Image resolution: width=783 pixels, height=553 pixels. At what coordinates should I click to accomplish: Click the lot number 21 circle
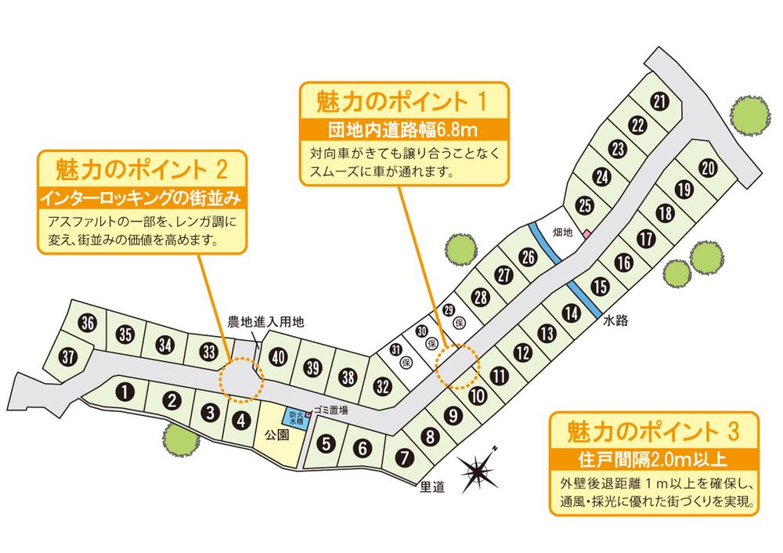point(659,101)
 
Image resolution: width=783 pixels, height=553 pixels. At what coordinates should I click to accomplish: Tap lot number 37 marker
point(69,356)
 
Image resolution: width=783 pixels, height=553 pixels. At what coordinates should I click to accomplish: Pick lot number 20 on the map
point(707,167)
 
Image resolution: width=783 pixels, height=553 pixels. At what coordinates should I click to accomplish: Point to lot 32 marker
point(383,385)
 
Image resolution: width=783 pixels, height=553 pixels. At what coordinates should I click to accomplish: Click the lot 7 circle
point(404,457)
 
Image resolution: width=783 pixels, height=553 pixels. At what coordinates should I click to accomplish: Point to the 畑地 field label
point(564,232)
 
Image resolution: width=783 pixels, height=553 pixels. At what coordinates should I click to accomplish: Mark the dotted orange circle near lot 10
point(456,367)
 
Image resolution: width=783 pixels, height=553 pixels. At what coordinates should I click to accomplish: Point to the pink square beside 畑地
point(585,234)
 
